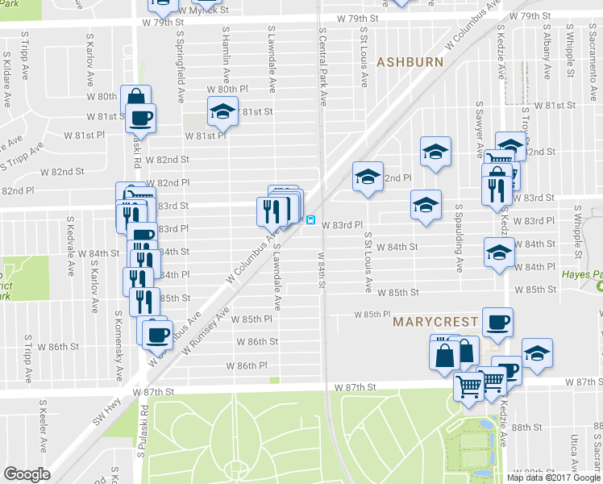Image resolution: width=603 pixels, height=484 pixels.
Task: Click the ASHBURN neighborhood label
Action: coord(410,62)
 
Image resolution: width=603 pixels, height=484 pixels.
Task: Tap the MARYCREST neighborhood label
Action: coord(435,322)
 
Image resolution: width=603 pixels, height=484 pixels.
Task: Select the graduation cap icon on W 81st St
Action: coord(222,112)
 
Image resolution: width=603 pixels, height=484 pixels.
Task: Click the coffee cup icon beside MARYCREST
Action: coord(497,322)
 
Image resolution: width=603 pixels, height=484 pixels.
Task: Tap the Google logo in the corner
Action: coord(27,474)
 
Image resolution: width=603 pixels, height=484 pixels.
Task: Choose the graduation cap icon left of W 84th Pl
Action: coord(498,252)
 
